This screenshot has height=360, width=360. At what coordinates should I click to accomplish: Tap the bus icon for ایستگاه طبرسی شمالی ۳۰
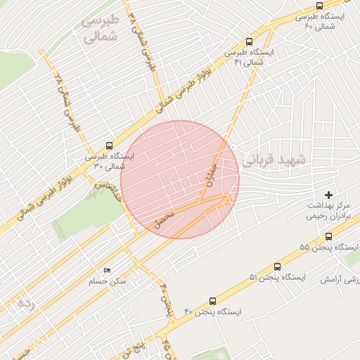[x=108, y=146]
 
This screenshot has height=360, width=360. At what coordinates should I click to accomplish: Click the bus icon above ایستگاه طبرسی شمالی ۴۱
[x=250, y=41]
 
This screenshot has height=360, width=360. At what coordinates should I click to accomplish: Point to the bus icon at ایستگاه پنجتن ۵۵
[x=329, y=236]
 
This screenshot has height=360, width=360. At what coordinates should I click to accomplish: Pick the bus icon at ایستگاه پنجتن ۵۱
[x=277, y=266]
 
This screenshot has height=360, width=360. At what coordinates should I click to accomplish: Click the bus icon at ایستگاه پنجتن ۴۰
[x=213, y=300]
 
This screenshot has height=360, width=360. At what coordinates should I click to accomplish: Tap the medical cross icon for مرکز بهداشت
[x=328, y=194]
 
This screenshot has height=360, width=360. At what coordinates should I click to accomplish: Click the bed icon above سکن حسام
[x=107, y=271]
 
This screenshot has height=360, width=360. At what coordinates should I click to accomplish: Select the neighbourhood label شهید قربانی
[x=274, y=160]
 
